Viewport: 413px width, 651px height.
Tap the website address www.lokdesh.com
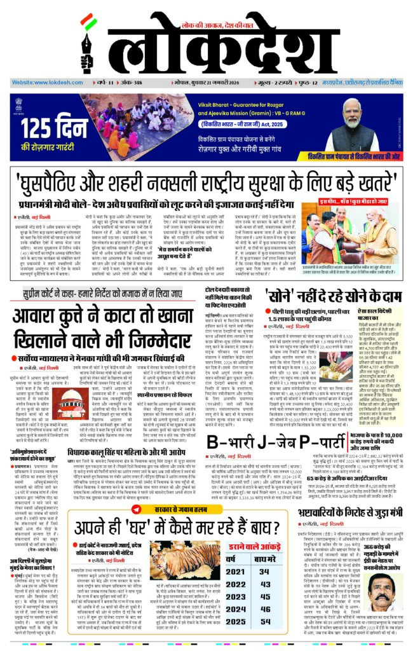point(42,83)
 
